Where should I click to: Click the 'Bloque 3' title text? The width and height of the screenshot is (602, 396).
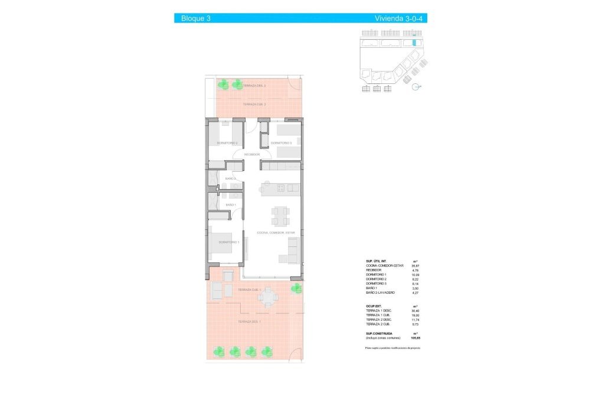(196, 18)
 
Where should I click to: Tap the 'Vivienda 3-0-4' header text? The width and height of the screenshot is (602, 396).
(399, 18)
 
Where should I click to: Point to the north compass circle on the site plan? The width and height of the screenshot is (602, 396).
(417, 87)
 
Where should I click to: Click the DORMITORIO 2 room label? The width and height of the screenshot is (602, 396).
(227, 143)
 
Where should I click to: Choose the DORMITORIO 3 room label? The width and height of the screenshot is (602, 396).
(282, 143)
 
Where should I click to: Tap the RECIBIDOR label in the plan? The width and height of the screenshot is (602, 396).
(252, 154)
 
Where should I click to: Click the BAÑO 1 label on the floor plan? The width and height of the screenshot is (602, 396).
(231, 205)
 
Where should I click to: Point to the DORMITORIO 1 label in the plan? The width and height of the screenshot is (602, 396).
(228, 242)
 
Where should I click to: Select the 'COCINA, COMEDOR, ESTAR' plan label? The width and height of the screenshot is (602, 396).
(276, 233)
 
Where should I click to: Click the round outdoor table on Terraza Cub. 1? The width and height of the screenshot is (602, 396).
(269, 296)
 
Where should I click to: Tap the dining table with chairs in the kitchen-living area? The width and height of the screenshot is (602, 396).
(280, 215)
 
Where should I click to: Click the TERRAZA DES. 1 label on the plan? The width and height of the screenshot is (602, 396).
(250, 322)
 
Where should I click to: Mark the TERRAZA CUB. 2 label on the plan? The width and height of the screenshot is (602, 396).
(254, 104)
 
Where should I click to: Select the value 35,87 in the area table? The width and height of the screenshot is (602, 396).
(415, 266)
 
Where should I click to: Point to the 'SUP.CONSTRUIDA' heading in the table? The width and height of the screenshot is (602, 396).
(380, 333)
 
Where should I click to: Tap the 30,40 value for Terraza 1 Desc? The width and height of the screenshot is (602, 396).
(415, 311)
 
